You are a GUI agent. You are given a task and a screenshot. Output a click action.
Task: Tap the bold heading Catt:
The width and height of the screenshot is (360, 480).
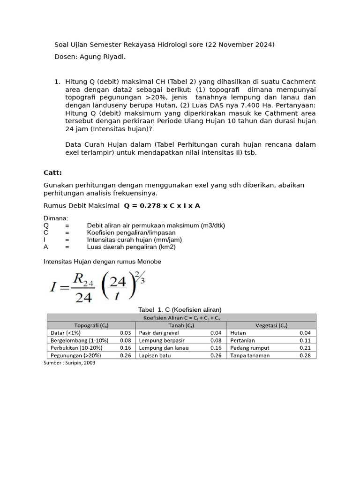point(52,172)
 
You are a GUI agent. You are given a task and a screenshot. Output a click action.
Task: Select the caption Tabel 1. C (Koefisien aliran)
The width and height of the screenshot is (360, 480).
point(180,309)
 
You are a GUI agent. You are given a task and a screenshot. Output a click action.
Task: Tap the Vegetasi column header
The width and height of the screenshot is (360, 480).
point(271,325)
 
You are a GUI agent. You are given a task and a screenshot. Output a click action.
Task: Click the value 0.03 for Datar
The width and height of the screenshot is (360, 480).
point(125,332)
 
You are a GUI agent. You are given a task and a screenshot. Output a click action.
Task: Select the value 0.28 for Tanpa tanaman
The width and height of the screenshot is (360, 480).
point(305,355)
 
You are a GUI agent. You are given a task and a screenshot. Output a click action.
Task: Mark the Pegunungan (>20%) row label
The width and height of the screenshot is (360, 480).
point(75,355)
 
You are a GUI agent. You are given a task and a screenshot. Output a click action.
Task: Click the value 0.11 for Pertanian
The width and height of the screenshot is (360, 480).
point(305,340)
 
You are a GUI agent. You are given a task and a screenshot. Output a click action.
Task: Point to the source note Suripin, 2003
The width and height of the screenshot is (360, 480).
point(69,363)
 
